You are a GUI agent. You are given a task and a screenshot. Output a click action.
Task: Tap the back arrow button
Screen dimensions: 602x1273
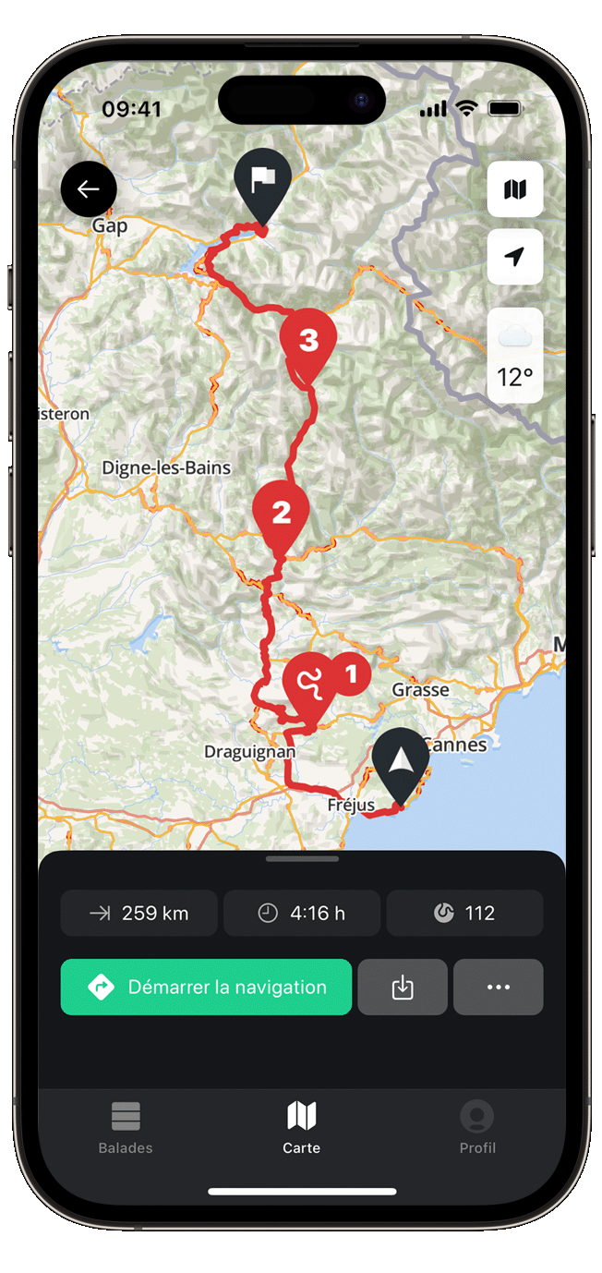[x=89, y=189]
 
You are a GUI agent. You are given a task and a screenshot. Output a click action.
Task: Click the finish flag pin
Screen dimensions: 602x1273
[x=262, y=181]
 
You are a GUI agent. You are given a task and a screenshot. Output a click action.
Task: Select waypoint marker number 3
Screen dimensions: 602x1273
[x=308, y=343]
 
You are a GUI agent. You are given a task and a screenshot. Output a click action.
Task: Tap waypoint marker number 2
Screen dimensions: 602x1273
[x=281, y=513]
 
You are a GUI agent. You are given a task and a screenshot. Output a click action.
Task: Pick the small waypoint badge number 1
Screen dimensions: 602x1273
[x=350, y=674]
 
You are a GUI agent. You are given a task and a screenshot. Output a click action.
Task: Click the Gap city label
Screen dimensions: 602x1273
[x=109, y=225]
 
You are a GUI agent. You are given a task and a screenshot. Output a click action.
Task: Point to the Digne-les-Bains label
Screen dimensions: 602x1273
[x=166, y=467]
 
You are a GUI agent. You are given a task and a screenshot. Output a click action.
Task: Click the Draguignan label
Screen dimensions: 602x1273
[x=249, y=752]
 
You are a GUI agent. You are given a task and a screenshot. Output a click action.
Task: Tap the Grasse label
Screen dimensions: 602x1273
[x=420, y=689]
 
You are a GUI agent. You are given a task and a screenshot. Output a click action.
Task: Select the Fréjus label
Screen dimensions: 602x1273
[x=351, y=806]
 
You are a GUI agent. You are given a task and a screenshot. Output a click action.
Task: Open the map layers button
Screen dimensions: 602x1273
[x=514, y=189]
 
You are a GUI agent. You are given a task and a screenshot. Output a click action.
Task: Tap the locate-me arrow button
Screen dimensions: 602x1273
[x=514, y=256]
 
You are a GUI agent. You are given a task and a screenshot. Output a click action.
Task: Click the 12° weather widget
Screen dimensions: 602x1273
[x=514, y=356]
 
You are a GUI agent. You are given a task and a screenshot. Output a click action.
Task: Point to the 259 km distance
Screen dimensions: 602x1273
[x=139, y=914]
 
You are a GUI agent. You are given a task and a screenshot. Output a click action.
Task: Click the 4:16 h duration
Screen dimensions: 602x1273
[x=302, y=914]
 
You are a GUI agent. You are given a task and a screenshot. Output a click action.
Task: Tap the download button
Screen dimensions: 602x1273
[x=403, y=988]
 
